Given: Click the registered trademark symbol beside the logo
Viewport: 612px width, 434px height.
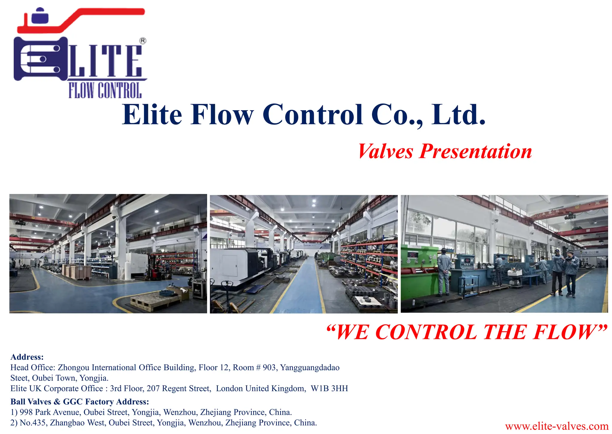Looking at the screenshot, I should pyautogui.click(x=143, y=41).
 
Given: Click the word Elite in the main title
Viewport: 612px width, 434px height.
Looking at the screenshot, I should pyautogui.click(x=152, y=115).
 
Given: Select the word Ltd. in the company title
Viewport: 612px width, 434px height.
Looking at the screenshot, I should pyautogui.click(x=458, y=115).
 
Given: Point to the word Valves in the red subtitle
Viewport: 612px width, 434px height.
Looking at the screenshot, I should pyautogui.click(x=385, y=151).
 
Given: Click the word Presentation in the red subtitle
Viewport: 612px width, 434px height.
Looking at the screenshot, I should pyautogui.click(x=476, y=151).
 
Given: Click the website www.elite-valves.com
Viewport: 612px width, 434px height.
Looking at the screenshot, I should pyautogui.click(x=556, y=426).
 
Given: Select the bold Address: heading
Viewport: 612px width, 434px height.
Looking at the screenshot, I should pyautogui.click(x=27, y=357).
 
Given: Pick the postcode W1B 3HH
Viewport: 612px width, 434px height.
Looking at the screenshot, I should pyautogui.click(x=329, y=389).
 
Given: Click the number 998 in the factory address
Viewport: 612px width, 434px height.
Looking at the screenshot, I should pyautogui.click(x=26, y=412).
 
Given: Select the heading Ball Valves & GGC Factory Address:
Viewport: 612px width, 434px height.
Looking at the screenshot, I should pyautogui.click(x=79, y=402).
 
